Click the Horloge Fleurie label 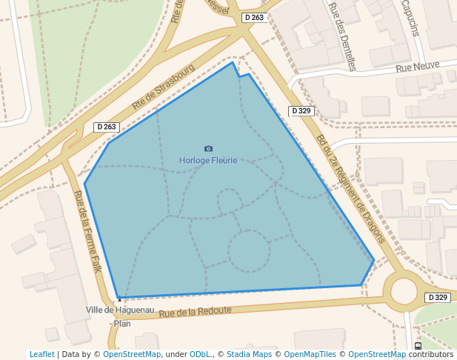tap(208, 160)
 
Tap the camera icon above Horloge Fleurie tap(208, 149)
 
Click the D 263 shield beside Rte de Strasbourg tap(107, 127)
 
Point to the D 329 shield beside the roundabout tap(438, 297)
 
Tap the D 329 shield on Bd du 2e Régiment tap(301, 111)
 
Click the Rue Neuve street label tap(413, 67)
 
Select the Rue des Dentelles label tap(341, 36)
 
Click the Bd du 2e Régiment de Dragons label tap(351, 189)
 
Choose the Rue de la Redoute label tap(195, 312)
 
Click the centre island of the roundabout tap(404, 290)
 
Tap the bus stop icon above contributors tap(418, 346)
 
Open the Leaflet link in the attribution tap(41, 354)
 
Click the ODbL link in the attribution tap(201, 354)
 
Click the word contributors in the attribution tap(431, 354)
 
